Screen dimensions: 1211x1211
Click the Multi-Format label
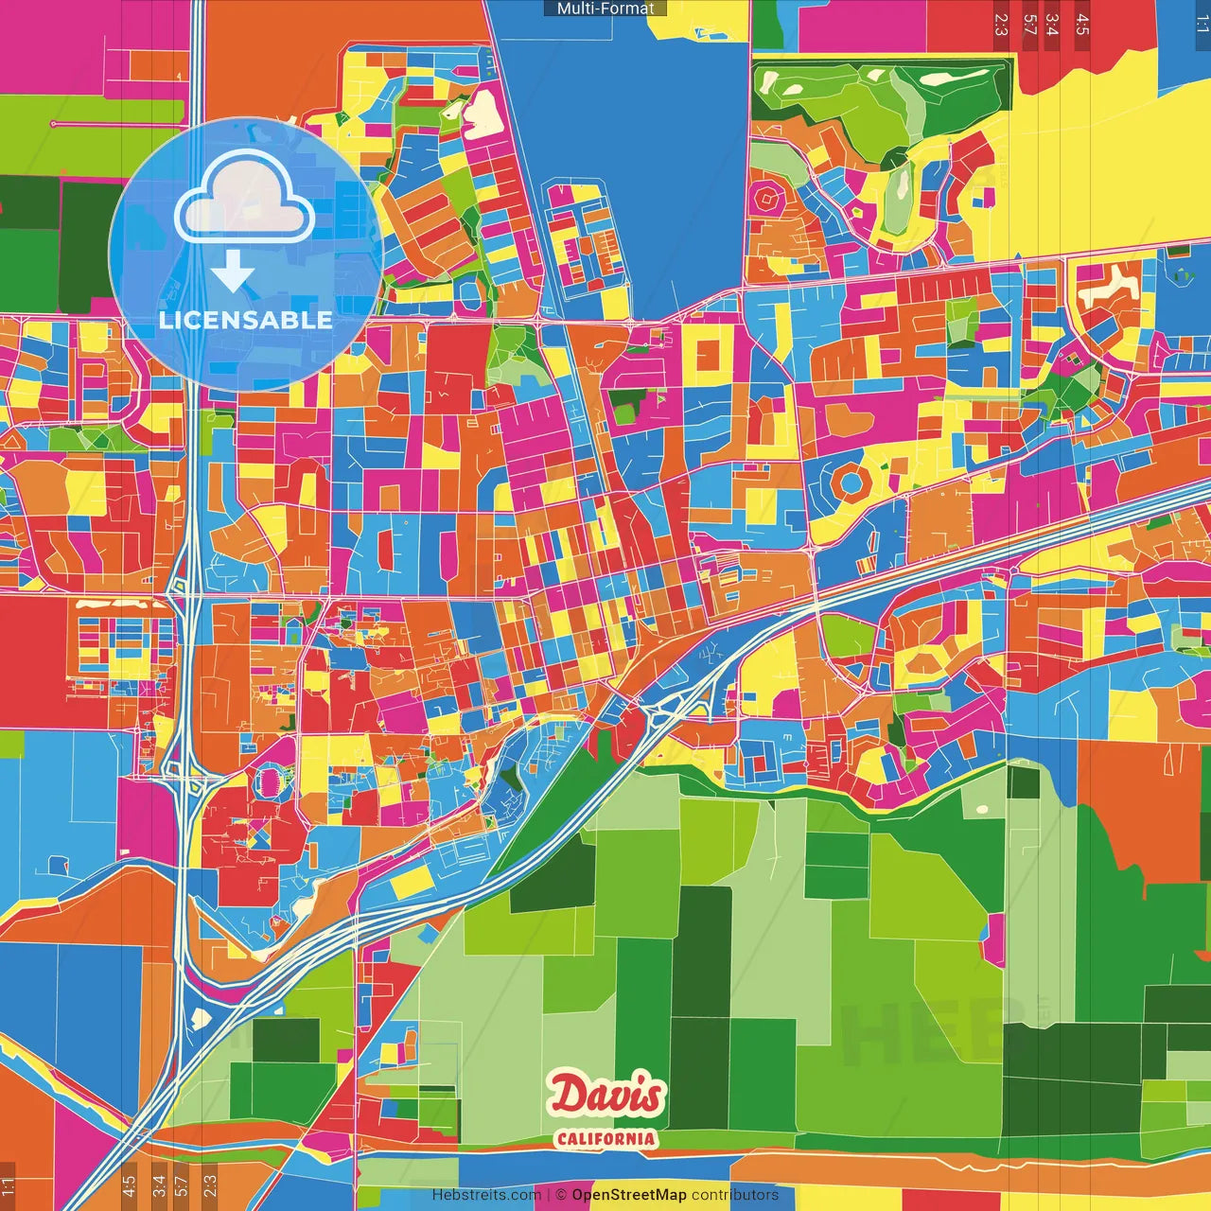[605, 9]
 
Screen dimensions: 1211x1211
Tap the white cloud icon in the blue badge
[245, 199]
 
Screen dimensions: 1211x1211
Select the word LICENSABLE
[245, 320]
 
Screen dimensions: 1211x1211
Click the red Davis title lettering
[606, 1096]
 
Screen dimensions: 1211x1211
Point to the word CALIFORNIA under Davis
[605, 1138]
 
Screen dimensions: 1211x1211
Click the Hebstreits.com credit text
[486, 1195]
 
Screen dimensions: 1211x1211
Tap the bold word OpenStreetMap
[628, 1195]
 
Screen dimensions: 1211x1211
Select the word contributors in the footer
[735, 1195]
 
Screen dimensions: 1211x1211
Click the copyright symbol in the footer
[560, 1195]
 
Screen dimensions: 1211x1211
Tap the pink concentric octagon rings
[764, 200]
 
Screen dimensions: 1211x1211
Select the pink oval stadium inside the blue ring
[269, 781]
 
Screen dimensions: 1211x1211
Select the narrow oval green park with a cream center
[898, 199]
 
